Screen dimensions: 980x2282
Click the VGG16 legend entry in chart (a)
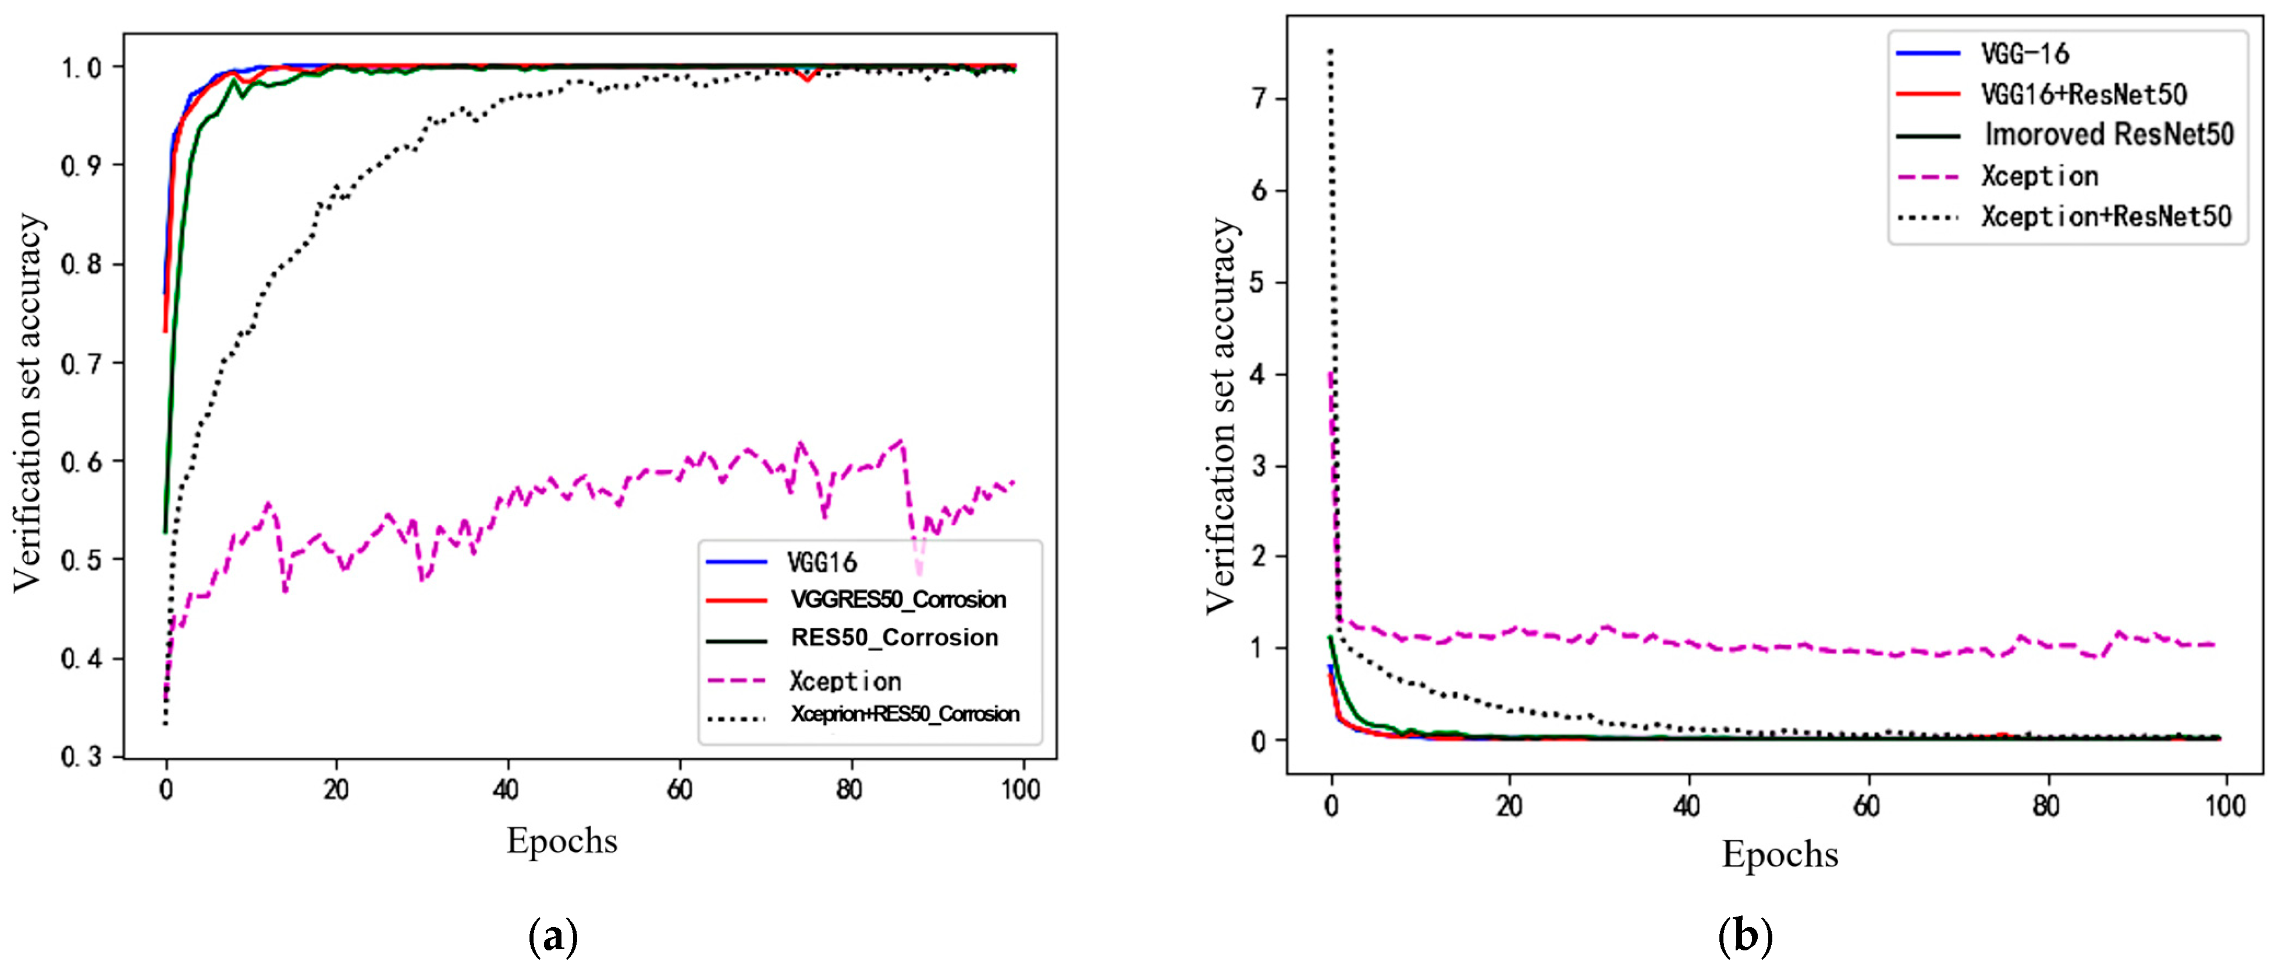[822, 562]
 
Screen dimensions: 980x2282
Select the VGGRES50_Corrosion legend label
[897, 600]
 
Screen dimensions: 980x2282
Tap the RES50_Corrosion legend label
[894, 638]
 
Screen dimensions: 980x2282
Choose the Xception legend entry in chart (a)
[845, 681]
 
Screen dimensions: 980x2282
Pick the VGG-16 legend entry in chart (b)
[2025, 54]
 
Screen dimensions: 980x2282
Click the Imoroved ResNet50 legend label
[2109, 135]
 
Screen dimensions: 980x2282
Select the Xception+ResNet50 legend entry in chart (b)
[2106, 217]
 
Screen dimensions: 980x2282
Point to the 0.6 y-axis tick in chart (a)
[79, 462]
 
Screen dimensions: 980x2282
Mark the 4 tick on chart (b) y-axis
[1259, 374]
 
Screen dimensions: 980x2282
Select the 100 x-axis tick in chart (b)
[2224, 806]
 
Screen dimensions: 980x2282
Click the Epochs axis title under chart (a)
[561, 840]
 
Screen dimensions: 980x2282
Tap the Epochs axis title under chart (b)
[1780, 854]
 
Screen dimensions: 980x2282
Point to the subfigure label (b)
[1745, 936]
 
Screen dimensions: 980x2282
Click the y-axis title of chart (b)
[1222, 416]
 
